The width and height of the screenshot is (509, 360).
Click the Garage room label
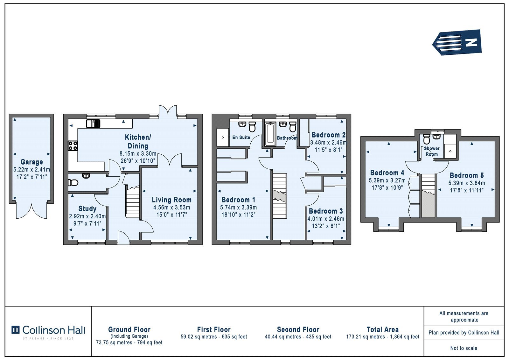(31, 162)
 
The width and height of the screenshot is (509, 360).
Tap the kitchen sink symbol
(93, 124)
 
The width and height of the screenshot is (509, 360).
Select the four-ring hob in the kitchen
(73, 146)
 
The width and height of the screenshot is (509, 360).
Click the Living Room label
(171, 200)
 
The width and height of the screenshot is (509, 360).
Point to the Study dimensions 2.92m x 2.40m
(87, 216)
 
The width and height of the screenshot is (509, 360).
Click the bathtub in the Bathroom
(270, 134)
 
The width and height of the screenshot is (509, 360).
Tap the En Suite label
(241, 138)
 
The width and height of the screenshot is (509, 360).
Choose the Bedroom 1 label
(238, 200)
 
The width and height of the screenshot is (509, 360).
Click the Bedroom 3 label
(326, 211)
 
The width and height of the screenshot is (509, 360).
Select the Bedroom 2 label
(328, 135)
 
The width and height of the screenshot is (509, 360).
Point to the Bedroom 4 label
(387, 173)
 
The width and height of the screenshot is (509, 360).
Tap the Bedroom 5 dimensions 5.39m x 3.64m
(466, 183)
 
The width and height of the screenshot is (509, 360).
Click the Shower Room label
(431, 151)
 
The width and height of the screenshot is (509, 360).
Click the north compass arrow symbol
(457, 42)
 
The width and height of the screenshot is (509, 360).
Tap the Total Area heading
(383, 329)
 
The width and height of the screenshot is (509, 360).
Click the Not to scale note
(464, 348)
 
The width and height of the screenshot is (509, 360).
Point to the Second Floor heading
(298, 329)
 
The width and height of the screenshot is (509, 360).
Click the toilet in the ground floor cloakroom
(73, 182)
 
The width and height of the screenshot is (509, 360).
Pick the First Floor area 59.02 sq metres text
(214, 337)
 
